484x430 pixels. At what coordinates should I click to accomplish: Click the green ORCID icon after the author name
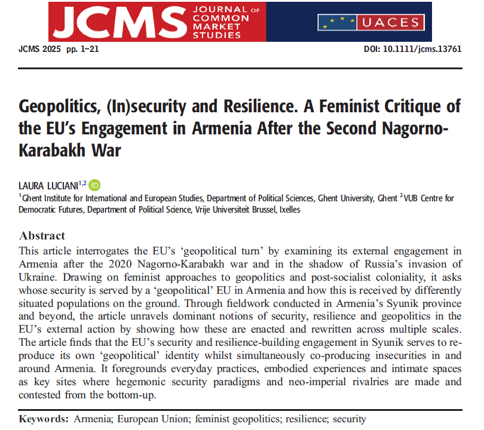click(95, 185)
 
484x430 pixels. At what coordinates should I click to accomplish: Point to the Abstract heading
click(42, 235)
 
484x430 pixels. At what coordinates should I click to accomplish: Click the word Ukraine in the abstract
click(39, 275)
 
